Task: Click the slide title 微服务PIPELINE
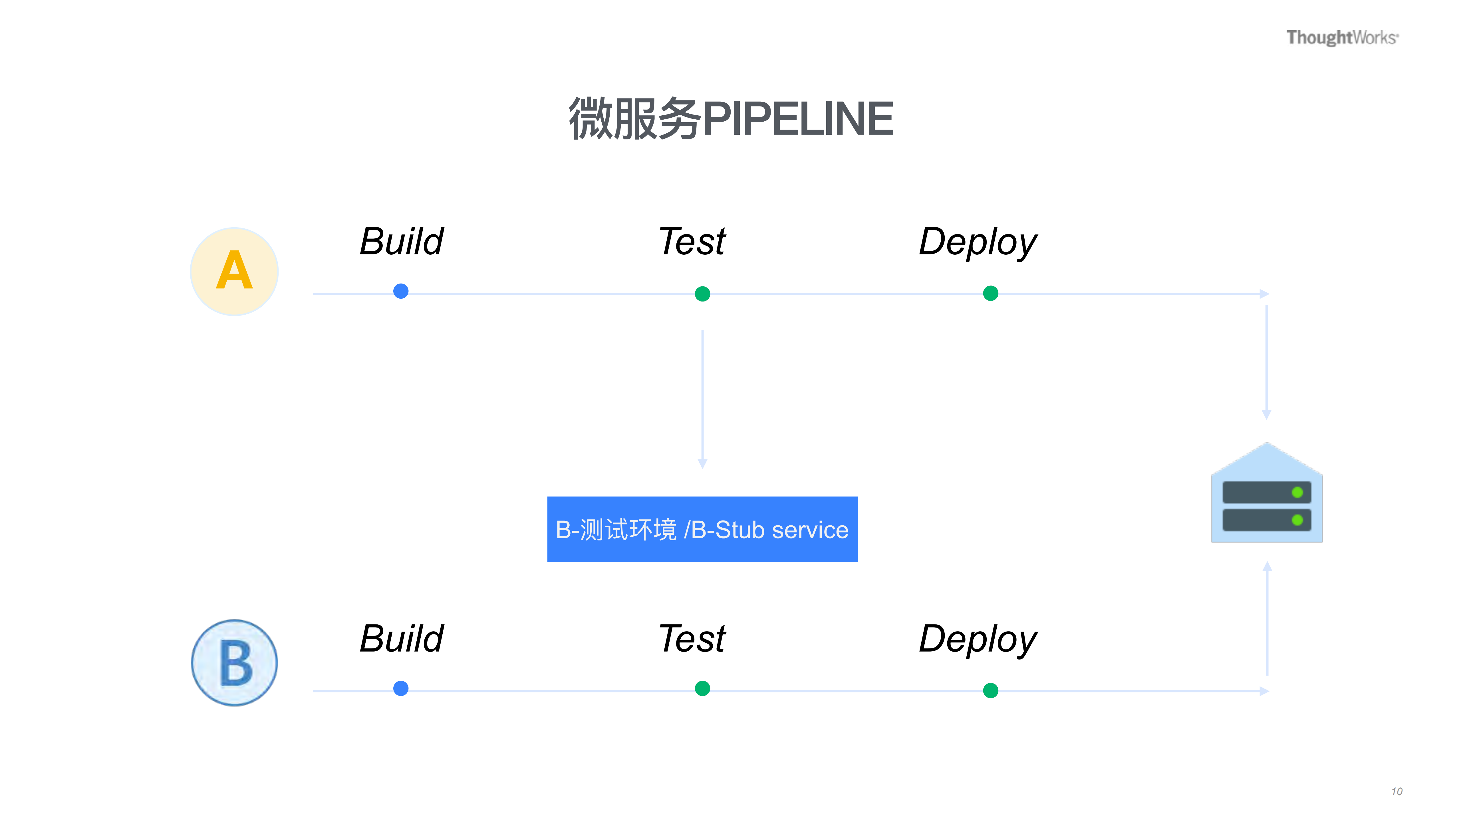(x=731, y=118)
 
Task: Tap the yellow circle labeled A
(x=234, y=271)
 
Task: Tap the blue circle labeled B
(x=234, y=663)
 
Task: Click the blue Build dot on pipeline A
(x=401, y=291)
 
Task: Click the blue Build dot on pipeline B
(x=401, y=688)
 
